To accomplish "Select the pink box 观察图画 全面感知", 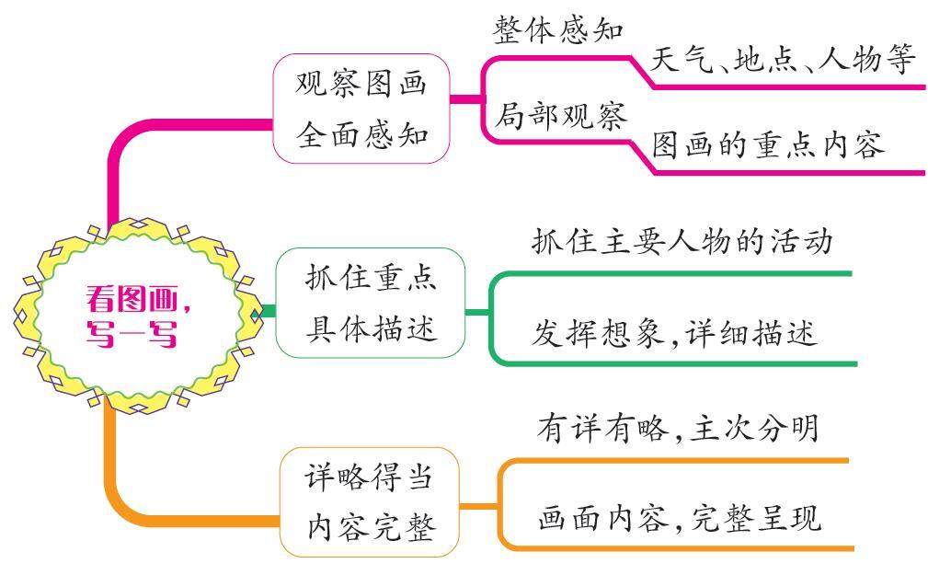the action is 361,109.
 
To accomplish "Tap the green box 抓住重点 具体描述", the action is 370,303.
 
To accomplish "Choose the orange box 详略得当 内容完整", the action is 369,502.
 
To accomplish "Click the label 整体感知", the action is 558,30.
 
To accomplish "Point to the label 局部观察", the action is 560,117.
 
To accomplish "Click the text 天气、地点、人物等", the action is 783,61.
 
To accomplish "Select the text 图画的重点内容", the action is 768,145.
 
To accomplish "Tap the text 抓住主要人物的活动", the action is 682,241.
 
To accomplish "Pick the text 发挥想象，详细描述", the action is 674,332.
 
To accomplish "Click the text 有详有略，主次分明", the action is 677,429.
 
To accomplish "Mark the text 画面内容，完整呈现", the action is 679,519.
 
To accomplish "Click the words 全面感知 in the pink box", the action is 361,134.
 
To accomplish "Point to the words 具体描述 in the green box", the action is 370,328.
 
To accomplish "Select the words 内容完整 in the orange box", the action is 369,527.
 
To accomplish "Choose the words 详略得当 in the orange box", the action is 369,477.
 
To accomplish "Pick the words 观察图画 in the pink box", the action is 361,84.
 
